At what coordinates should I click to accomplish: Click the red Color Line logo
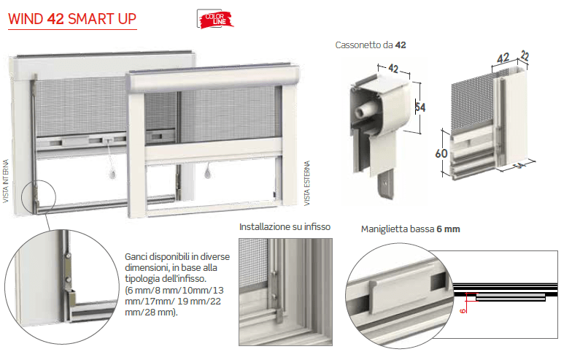215,19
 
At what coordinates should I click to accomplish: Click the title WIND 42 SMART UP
72,19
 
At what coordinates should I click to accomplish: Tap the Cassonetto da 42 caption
371,45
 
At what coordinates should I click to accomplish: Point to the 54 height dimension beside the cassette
420,107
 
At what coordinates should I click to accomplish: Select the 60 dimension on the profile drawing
441,153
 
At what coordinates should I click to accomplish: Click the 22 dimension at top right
525,55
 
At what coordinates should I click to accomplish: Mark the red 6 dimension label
463,310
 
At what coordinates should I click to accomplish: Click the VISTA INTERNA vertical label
6,181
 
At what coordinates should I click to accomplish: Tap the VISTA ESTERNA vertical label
307,183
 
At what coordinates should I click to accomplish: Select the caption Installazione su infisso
285,226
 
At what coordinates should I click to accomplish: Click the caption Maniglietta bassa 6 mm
410,229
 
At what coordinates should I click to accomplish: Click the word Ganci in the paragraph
136,257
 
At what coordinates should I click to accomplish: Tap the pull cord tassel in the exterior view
207,172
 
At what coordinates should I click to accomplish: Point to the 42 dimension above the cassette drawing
393,68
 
